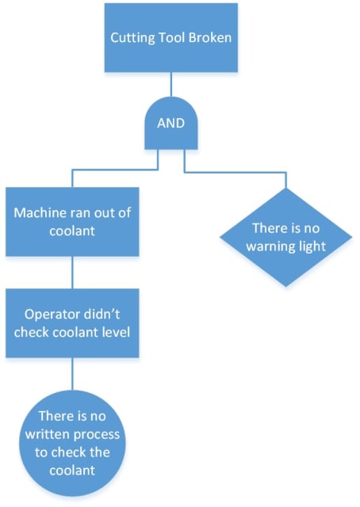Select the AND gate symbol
[170, 124]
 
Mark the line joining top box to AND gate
[170, 88]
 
